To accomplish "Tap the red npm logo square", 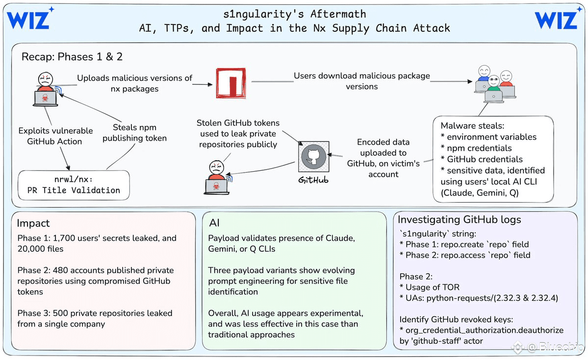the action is pos(231,83).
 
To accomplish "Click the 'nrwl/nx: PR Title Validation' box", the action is pos(74,185).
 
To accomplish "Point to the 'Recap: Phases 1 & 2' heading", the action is pos(72,56).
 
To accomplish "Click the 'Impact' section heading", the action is pos(33,223).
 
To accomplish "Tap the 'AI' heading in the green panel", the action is pos(214,223).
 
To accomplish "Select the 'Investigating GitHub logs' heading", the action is pos(460,220).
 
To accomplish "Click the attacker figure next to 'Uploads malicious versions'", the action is pos(46,89).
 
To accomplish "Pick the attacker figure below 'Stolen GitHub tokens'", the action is pos(217,178).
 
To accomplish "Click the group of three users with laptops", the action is pos(495,84).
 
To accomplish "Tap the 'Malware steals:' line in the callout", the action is pos(472,126).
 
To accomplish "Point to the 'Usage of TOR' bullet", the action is pos(430,287).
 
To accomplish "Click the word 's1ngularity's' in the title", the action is pos(263,15).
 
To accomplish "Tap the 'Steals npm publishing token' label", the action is pos(135,133).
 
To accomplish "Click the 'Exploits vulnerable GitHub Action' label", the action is pos(55,136).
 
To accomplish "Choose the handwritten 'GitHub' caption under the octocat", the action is pos(313,180).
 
